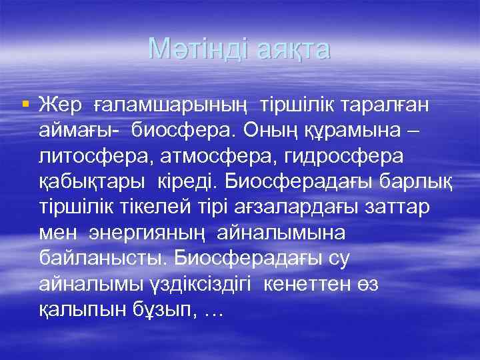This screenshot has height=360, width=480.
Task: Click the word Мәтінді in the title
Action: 196,48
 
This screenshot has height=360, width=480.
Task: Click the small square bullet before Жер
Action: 25,104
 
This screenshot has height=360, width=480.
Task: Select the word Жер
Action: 60,105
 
